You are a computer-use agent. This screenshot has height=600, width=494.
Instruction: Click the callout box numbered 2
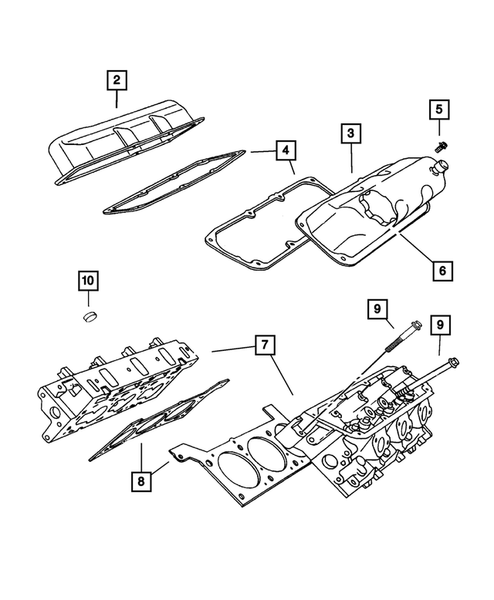pos(117,79)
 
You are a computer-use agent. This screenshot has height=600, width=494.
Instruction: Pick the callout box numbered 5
pos(438,110)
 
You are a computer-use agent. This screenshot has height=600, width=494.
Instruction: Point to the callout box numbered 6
pos(441,271)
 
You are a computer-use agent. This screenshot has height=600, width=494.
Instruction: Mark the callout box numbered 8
pos(142,481)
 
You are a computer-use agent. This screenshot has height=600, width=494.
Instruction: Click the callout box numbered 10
pos(88,281)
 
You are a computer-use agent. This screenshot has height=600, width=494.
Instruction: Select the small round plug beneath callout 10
pos(90,317)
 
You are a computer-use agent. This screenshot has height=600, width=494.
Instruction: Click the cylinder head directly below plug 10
pos(116,389)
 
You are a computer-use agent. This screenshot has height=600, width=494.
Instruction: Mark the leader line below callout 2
pos(117,99)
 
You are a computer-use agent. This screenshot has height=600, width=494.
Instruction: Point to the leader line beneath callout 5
pos(438,129)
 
